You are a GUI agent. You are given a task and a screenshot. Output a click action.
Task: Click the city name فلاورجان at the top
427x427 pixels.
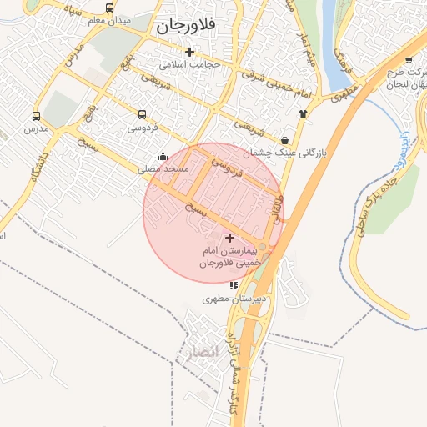click(185, 26)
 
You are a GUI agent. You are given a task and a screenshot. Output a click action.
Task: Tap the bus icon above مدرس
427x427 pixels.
click(36, 117)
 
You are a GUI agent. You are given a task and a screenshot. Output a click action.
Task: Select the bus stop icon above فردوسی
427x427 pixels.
click(142, 114)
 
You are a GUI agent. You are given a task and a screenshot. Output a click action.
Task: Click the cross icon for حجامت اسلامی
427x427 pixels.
click(189, 52)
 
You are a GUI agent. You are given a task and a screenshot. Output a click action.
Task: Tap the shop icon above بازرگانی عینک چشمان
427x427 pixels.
click(286, 140)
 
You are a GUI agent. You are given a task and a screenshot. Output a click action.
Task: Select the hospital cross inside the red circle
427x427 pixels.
click(230, 239)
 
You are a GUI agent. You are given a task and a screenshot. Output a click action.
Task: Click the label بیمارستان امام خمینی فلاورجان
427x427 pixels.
click(229, 257)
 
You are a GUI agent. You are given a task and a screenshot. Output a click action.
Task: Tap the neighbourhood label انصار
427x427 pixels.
click(203, 352)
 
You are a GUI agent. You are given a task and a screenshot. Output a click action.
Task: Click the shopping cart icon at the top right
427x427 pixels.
click(408, 59)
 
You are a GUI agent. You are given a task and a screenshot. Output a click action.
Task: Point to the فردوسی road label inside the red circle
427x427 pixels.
click(225, 168)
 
